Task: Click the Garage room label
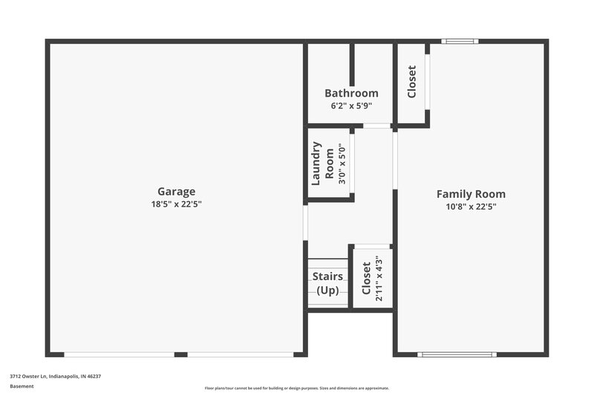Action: [176, 191]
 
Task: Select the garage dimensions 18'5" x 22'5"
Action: [176, 204]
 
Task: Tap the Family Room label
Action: [471, 194]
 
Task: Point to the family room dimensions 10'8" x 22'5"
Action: [471, 207]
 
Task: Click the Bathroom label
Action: [351, 94]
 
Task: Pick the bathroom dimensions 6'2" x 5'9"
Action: [351, 106]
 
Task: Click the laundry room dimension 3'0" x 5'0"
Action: [342, 163]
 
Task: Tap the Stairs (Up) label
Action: [327, 283]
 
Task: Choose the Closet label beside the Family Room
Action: [412, 82]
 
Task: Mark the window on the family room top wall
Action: [460, 42]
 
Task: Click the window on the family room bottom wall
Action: [457, 354]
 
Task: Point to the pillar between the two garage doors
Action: [180, 354]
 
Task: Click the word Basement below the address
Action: [22, 386]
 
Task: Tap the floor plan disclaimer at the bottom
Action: [296, 388]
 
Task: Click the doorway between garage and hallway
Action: [305, 222]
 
